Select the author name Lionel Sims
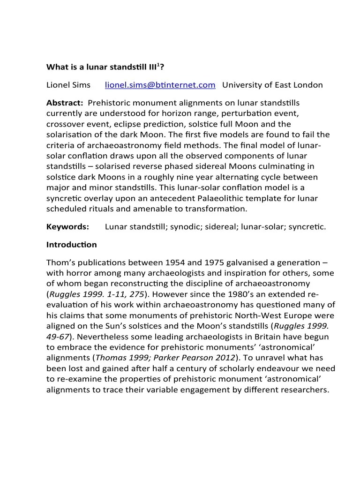[68, 85]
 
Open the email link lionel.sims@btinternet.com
[160, 85]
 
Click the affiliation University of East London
[272, 85]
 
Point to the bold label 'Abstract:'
[65, 103]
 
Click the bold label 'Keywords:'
[67, 227]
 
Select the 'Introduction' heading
[71, 245]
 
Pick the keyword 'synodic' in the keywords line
[187, 227]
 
